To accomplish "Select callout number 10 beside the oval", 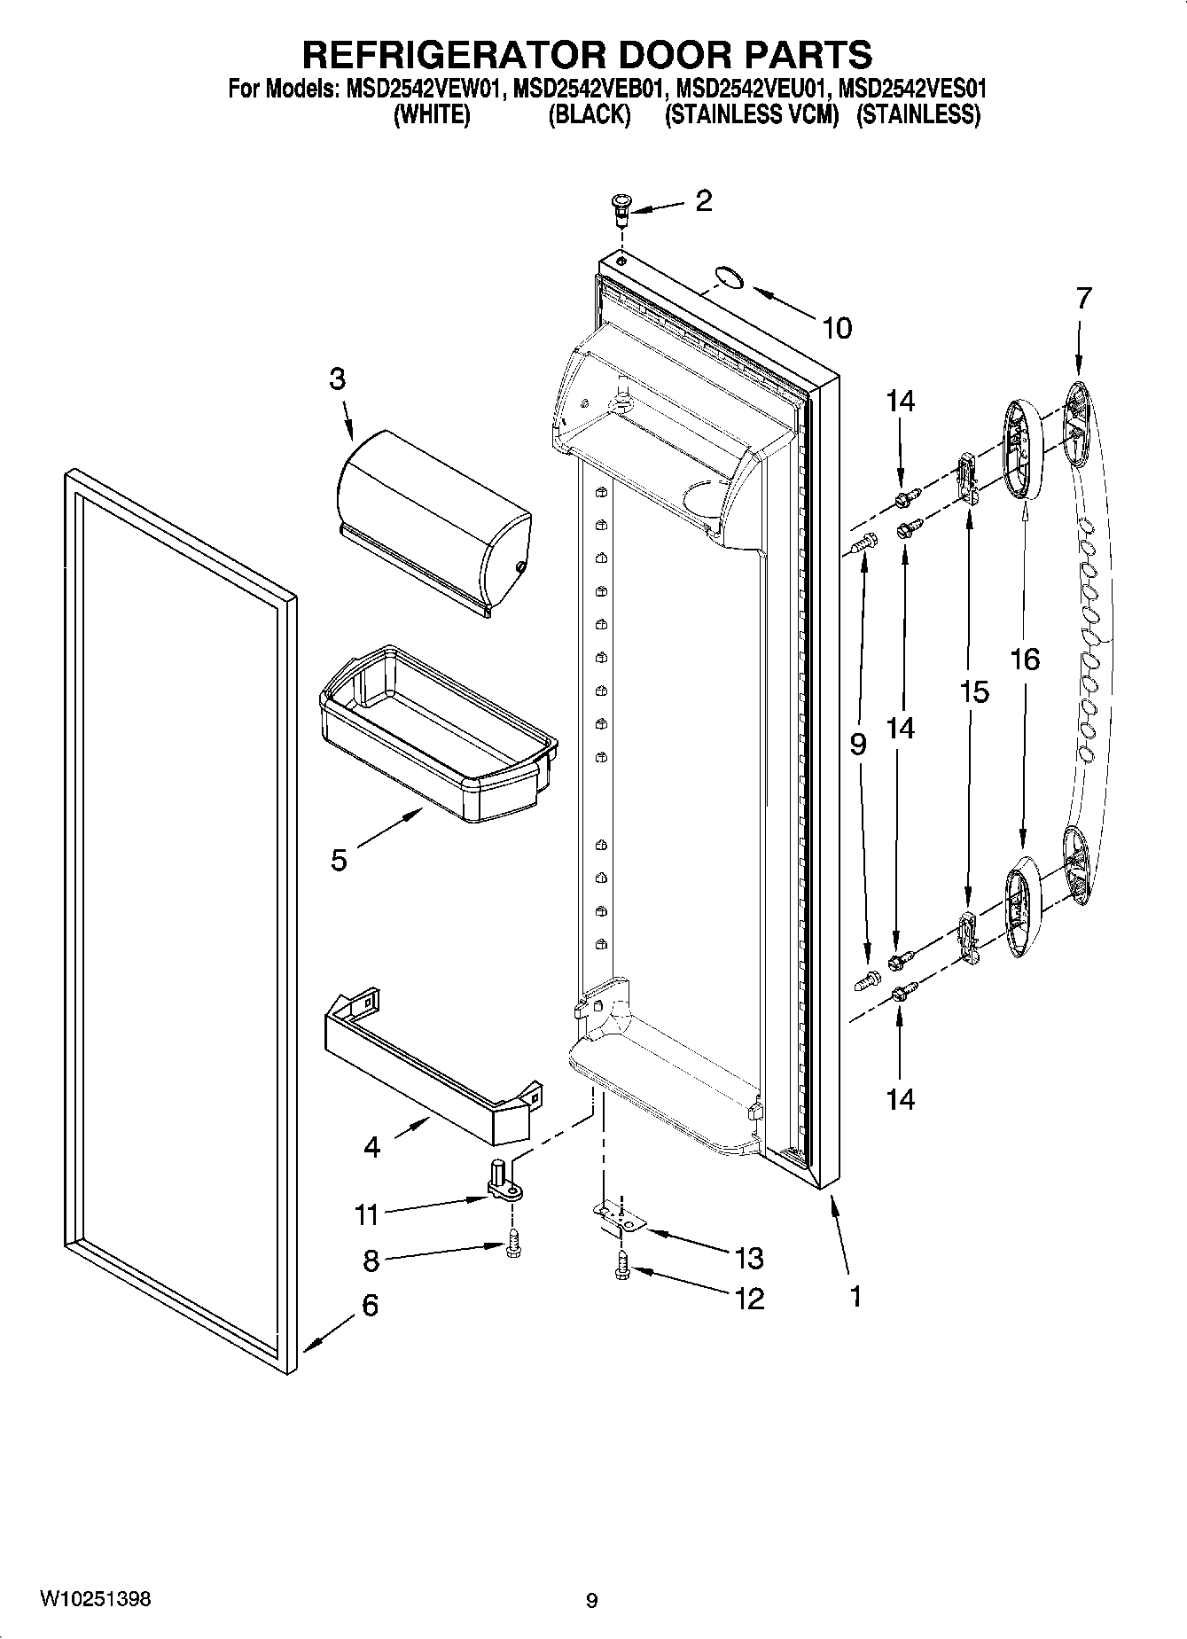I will coord(836,328).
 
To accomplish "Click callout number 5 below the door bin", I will coord(339,860).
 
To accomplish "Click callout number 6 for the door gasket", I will coord(370,1305).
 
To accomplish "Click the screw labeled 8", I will coord(513,1246).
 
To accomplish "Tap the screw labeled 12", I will coord(621,1270).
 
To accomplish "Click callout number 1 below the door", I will coord(855,1297).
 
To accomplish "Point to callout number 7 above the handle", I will coord(1084,299).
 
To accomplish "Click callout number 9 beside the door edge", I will coord(857,745).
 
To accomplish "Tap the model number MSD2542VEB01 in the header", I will coord(590,90).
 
